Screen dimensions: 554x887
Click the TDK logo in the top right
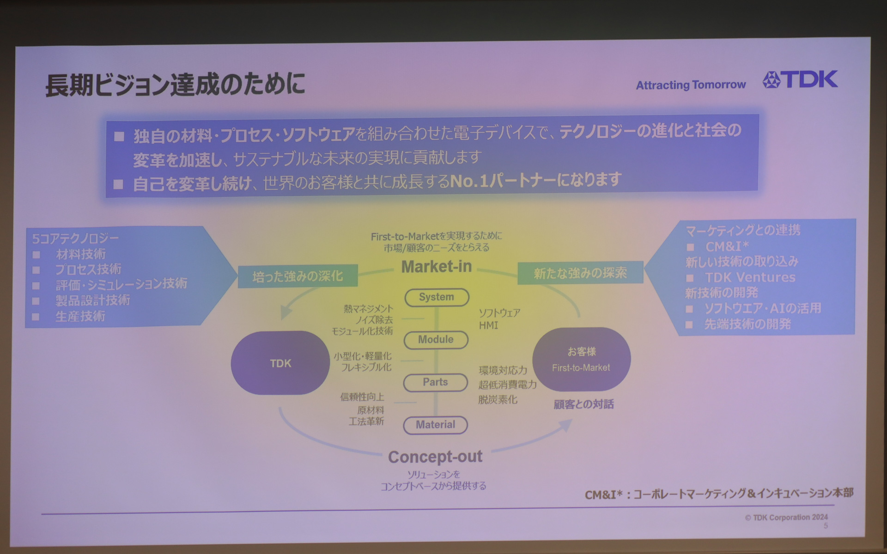pos(801,80)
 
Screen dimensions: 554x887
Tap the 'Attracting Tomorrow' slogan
pos(691,85)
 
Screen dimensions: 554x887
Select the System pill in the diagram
pos(437,297)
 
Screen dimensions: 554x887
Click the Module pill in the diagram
pos(436,340)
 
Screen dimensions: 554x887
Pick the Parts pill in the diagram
pos(435,382)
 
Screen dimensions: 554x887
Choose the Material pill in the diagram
pos(435,425)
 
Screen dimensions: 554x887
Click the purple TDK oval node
pos(280,363)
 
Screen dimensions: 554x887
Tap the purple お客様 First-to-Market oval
pos(581,360)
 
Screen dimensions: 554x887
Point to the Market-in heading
pos(436,267)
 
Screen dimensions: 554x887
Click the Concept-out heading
pos(435,457)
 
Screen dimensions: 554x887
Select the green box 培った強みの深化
pos(298,277)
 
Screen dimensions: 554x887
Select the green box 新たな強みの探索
pos(580,273)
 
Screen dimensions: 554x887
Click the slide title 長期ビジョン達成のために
pos(175,84)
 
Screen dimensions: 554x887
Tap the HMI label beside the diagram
pos(488,325)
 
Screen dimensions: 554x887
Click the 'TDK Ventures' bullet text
pos(750,277)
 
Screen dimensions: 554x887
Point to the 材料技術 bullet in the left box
pos(81,254)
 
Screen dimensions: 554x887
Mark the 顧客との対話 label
pos(583,404)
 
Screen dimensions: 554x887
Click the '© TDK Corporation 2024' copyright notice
pos(786,518)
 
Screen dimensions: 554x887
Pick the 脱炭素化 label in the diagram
pos(498,400)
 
